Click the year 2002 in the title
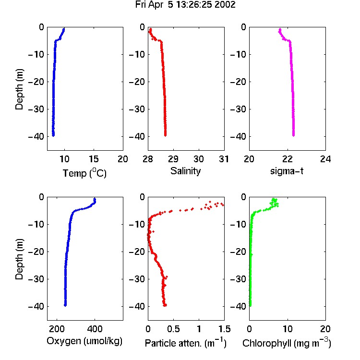225,5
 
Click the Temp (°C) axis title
84,173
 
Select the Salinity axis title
185,171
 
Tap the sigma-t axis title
287,171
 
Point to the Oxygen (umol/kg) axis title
84,341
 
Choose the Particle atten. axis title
186,343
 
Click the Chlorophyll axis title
287,343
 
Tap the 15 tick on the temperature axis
94,159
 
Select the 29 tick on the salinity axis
173,159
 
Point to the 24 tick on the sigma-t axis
325,159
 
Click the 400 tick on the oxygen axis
95,329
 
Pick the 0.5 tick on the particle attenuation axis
173,329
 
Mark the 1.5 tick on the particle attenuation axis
224,329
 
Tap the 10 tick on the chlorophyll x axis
288,329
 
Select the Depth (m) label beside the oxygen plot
19,259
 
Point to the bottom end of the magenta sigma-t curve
293,135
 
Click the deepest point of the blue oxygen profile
65,305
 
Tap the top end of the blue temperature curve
64,29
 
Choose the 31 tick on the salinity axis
224,159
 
